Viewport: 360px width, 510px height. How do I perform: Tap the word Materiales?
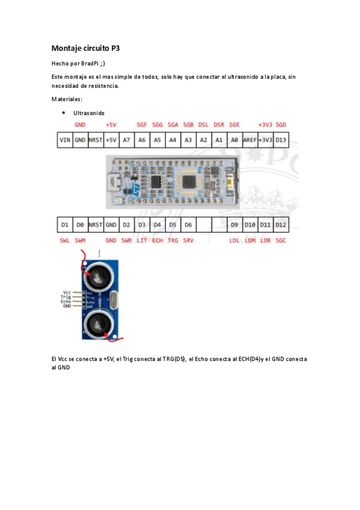tap(67, 99)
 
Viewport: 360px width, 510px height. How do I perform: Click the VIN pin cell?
tap(64, 140)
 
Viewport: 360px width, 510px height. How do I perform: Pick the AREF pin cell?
tap(250, 140)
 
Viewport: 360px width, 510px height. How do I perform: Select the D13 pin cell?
tap(281, 140)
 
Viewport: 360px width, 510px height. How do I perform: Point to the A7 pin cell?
tap(126, 140)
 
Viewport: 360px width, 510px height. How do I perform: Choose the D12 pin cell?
tap(281, 224)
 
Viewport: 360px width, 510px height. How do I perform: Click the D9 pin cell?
tap(234, 224)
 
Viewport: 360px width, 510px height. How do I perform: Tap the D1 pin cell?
tap(64, 224)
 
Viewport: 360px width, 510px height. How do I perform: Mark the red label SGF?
tap(142, 124)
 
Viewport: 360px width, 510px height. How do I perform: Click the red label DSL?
tap(203, 124)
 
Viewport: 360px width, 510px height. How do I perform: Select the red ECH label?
tap(157, 240)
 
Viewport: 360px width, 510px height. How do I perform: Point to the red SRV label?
tap(188, 240)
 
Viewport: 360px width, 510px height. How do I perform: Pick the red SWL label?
tap(64, 240)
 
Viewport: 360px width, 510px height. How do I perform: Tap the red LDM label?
tap(250, 240)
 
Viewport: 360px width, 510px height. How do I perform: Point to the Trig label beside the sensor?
tap(66, 296)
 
